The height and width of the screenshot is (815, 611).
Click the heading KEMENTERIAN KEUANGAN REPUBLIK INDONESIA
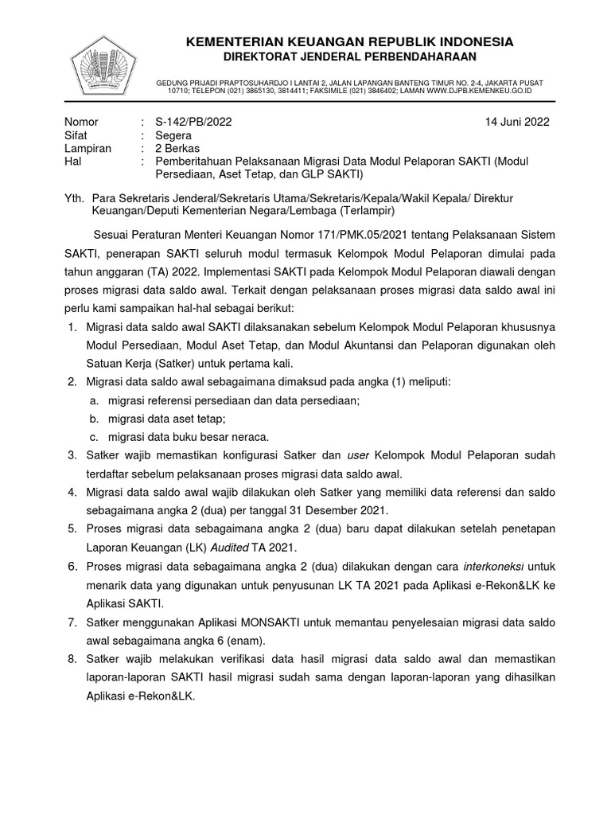point(349,41)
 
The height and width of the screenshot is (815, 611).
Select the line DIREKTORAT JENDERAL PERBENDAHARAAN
point(349,57)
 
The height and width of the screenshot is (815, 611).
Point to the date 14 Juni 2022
point(517,122)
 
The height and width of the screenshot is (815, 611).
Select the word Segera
point(173,135)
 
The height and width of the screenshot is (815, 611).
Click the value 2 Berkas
point(177,148)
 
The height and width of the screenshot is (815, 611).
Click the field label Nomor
point(81,122)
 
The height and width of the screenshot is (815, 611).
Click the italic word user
point(360,454)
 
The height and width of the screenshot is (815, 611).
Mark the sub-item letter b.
point(93,418)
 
